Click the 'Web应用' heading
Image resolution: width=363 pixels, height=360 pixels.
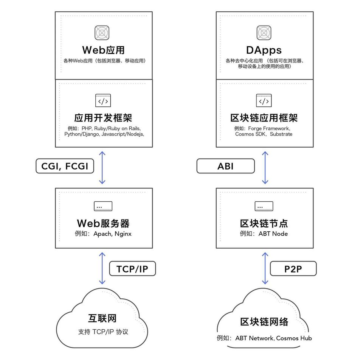pyautogui.click(x=103, y=50)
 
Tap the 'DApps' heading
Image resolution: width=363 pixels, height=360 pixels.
pyautogui.click(x=264, y=50)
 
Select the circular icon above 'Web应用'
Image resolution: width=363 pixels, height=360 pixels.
pyautogui.click(x=103, y=33)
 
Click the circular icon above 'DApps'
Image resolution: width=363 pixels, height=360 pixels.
pyautogui.click(x=264, y=33)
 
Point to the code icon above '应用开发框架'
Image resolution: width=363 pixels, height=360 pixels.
pyautogui.click(x=103, y=101)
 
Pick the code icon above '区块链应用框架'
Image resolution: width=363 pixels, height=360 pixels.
pyautogui.click(x=264, y=101)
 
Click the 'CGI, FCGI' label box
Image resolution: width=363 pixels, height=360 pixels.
pyautogui.click(x=65, y=166)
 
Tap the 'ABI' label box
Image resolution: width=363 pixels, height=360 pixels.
pyautogui.click(x=226, y=166)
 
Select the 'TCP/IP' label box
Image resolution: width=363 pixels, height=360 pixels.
pyautogui.click(x=132, y=269)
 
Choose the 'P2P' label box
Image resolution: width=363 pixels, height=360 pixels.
pyautogui.click(x=293, y=269)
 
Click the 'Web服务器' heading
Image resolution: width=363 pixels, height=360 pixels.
pyautogui.click(x=103, y=223)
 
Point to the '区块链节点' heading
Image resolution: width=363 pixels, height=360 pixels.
pyautogui.click(x=264, y=223)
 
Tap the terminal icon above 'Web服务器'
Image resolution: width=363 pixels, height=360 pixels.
pyautogui.click(x=103, y=206)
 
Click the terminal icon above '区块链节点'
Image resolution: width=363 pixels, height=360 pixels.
pyautogui.click(x=264, y=206)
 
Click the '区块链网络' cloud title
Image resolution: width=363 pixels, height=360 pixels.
pyautogui.click(x=264, y=322)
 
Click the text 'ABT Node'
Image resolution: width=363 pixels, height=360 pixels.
pyautogui.click(x=273, y=234)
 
